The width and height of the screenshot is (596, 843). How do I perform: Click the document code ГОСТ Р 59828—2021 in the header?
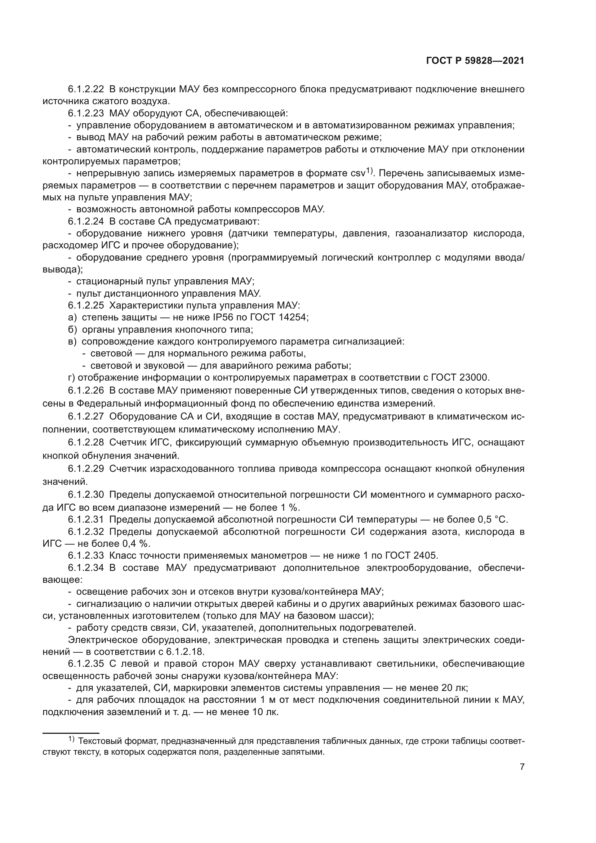[x=475, y=61]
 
